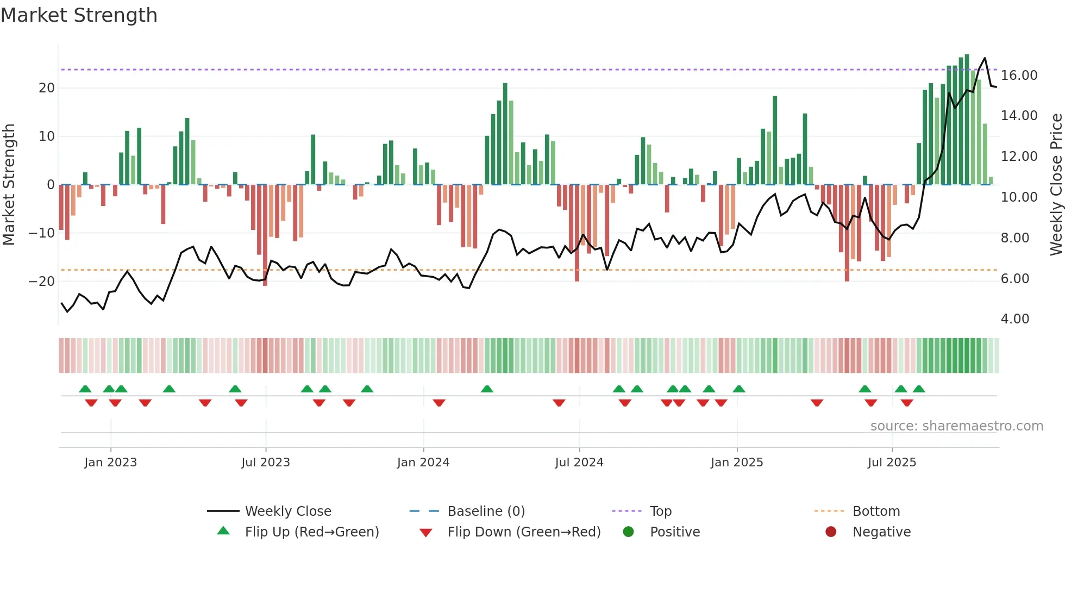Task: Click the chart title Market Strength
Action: pos(79,15)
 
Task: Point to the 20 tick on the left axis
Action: pos(47,88)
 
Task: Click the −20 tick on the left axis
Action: pos(42,282)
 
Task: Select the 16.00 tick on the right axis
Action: pos(1019,76)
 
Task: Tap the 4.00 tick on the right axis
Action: pos(1014,319)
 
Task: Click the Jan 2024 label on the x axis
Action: pos(423,463)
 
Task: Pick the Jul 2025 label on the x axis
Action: pos(892,463)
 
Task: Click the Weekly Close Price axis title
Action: pos(1056,184)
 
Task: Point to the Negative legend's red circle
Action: pos(831,532)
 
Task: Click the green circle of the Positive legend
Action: pos(629,532)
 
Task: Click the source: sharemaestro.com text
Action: pos(956,426)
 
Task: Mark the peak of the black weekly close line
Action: pos(985,58)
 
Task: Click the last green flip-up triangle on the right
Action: pos(919,389)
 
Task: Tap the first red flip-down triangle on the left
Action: pos(91,402)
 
